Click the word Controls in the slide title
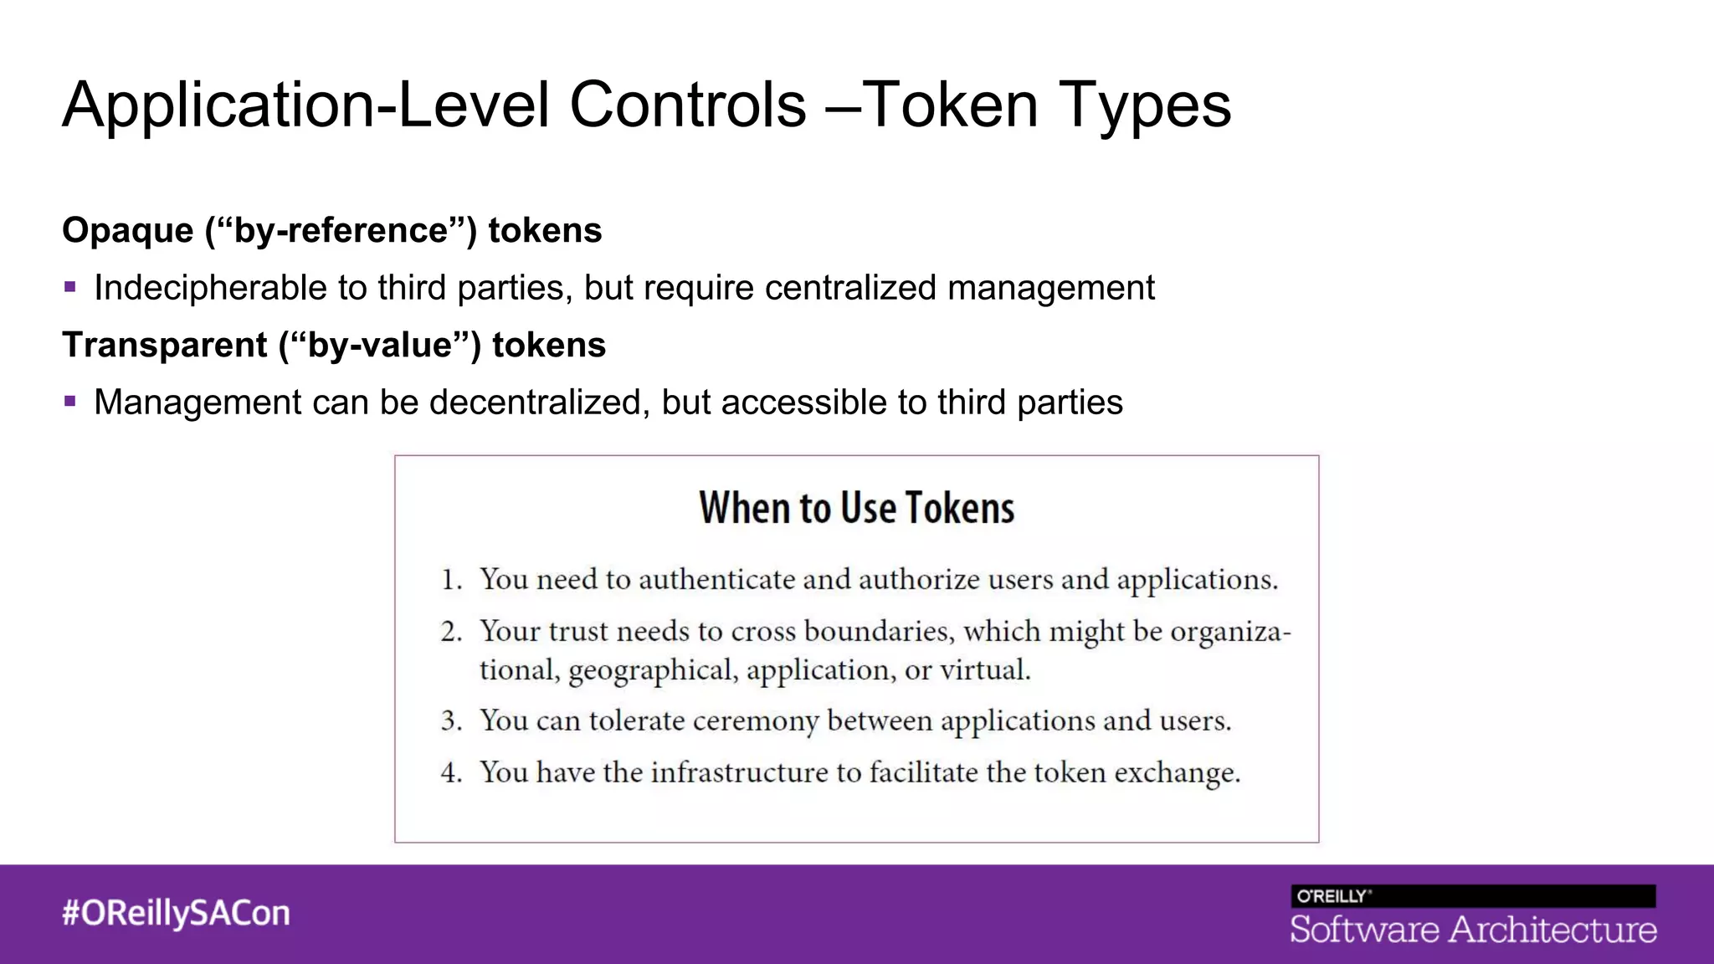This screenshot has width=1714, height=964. (687, 105)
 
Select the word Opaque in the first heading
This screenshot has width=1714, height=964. (127, 231)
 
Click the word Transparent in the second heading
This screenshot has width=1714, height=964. (164, 346)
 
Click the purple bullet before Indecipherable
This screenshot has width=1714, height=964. (70, 287)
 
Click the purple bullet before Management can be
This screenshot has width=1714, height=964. (70, 402)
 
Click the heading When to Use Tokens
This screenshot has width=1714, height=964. (856, 508)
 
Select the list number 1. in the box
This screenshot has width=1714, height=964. (451, 580)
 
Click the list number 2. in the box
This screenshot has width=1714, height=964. (451, 632)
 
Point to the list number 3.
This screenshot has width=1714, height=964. (451, 721)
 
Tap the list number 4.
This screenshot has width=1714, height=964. (451, 772)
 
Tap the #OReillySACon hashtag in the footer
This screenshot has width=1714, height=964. (176, 913)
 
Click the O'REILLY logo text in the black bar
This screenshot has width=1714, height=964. (1332, 896)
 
